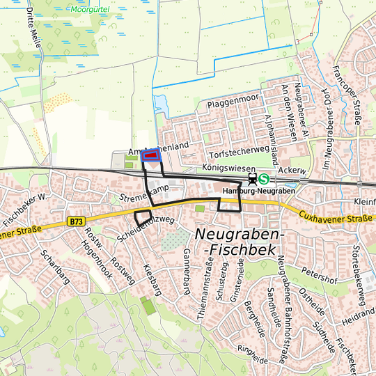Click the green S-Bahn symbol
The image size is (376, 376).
point(263,179)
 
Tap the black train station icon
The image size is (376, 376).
point(251,179)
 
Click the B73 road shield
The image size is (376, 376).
point(77,221)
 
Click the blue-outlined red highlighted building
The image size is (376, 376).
point(151,157)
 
